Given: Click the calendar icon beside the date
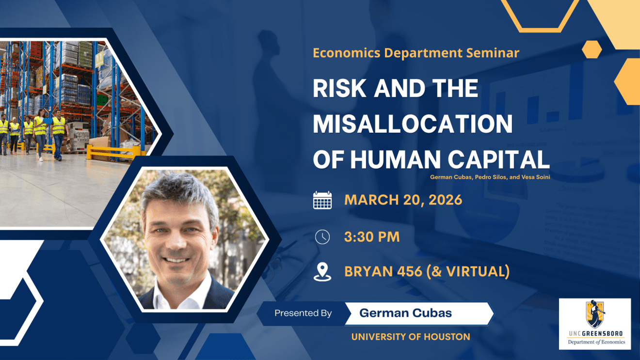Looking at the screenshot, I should point(322,200).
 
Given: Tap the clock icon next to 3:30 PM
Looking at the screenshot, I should point(322,237).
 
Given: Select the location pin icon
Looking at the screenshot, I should point(322,272).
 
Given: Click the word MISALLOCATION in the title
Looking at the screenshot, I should point(413,124).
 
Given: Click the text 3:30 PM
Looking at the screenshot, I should point(372,237).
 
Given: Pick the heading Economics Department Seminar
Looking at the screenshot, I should point(416,53).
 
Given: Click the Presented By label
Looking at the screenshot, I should point(303,313).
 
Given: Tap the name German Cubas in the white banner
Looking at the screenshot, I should point(405,313).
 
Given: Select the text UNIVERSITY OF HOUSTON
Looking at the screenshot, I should point(411,337).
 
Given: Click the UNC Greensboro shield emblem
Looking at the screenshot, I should point(595,314).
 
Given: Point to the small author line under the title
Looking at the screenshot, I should point(490,177).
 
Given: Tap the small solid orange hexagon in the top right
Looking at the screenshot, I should point(592,49).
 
